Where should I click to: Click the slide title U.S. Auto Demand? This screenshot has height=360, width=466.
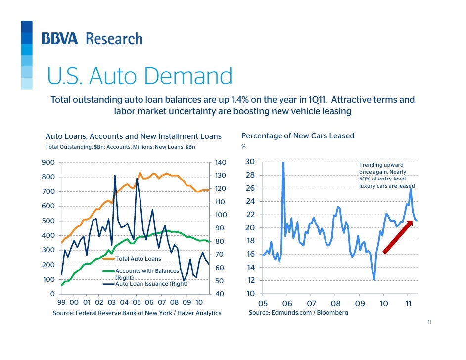[x=140, y=76]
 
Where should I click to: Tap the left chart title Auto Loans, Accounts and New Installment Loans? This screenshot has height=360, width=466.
[x=134, y=136]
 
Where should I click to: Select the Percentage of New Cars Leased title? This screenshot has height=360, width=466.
[x=297, y=136]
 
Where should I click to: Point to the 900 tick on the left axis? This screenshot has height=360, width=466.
[x=48, y=162]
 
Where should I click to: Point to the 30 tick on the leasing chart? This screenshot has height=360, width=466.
[x=250, y=162]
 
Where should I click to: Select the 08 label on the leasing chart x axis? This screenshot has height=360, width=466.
[x=335, y=303]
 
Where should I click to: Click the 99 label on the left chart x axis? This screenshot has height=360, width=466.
[x=62, y=302]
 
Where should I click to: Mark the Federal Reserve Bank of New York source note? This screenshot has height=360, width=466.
[x=137, y=313]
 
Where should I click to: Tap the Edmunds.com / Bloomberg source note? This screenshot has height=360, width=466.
[x=298, y=313]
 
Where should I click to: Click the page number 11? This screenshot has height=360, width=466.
[x=429, y=322]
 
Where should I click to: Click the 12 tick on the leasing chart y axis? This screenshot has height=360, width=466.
[x=250, y=280]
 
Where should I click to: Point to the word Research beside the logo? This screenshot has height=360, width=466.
[x=114, y=39]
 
